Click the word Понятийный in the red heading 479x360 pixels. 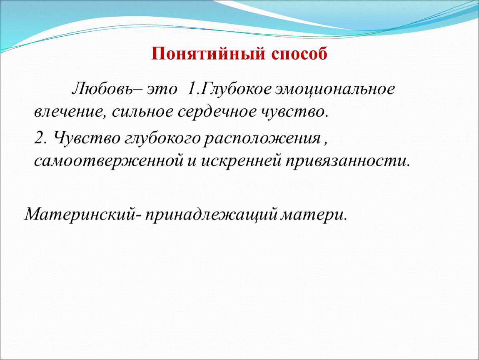coord(207,54)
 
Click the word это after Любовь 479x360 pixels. coord(162,90)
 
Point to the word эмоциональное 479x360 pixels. coord(335,90)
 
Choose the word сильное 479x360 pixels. coord(142,112)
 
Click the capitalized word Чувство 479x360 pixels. coord(87,138)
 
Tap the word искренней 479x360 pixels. coord(241,161)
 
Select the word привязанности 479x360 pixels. coord(347,161)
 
